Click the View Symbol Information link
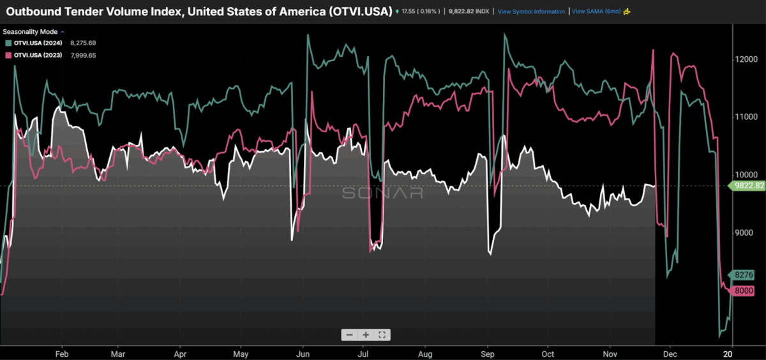point(531,11)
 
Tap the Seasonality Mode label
point(30,31)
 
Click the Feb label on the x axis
point(62,353)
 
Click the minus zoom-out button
point(349,335)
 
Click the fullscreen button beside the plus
point(382,335)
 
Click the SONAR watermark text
point(382,192)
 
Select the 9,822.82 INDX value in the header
point(473,11)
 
